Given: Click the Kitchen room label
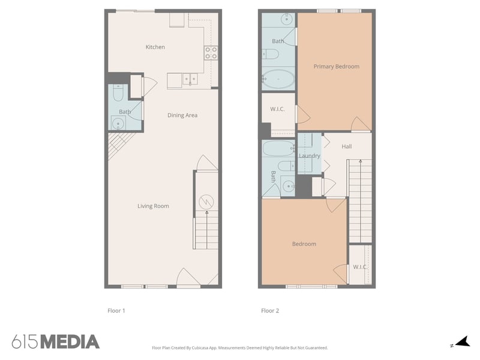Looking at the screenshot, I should pos(155,47).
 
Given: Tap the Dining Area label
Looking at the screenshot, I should pos(182,115).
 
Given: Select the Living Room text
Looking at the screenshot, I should pos(153,206).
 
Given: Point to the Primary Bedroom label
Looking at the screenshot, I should pos(336,67).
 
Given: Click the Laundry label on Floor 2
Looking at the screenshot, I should pos(310,156).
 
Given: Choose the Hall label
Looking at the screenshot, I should pos(347,146).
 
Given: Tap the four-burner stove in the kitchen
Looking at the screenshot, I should pos(211,53).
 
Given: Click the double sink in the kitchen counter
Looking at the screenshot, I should pos(190,79).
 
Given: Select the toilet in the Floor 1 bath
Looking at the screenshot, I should pos(118,94).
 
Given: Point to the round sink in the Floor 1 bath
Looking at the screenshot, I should pos(118,124).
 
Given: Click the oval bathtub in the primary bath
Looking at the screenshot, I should pos(278,79).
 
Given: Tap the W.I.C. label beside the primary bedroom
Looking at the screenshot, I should pos(277,109).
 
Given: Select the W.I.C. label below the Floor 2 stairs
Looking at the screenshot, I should pos(360,266).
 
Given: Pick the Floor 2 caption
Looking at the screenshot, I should pos(270,311).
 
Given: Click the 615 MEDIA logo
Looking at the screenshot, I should pos(55,342).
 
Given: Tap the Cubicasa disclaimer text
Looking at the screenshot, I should pos(240,347).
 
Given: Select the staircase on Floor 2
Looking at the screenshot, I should pos(360,201).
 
